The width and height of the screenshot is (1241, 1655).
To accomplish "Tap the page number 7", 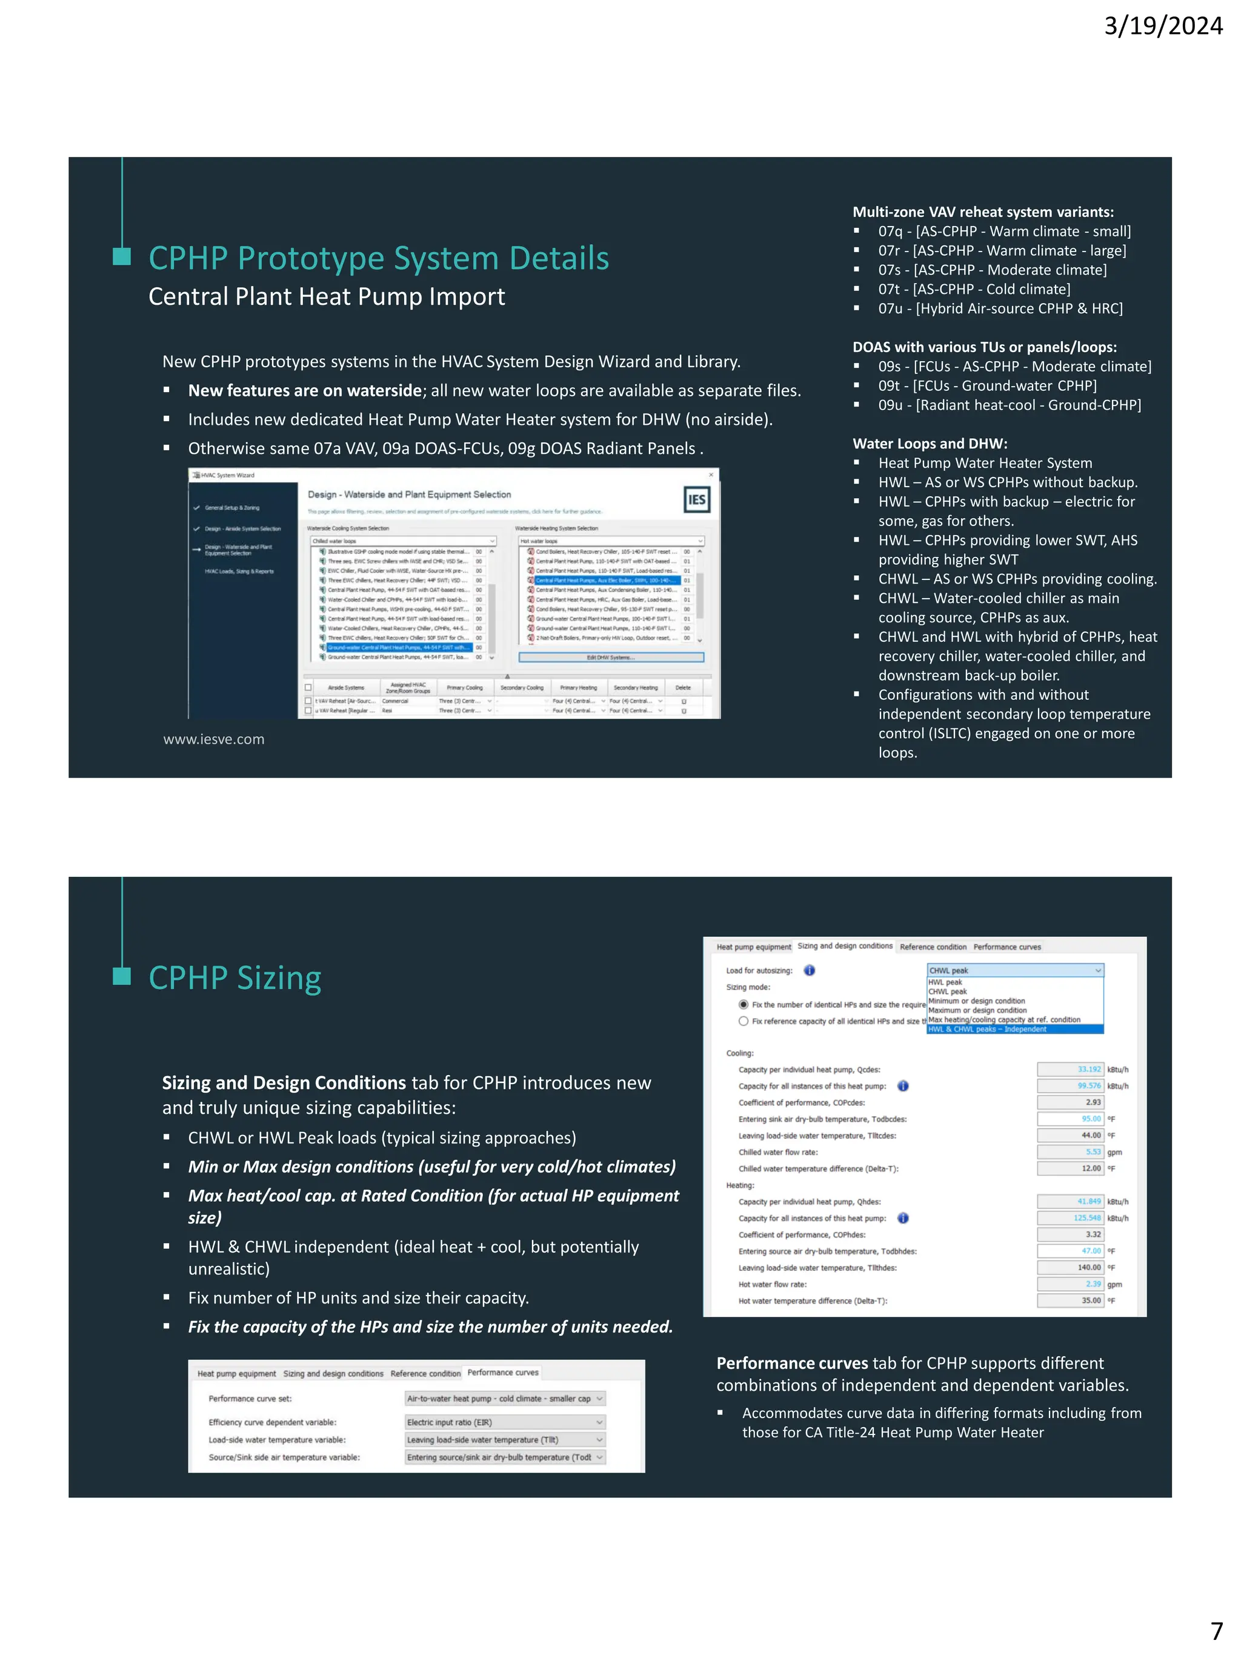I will tap(1216, 1630).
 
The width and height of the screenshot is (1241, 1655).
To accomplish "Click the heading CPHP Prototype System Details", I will tap(379, 258).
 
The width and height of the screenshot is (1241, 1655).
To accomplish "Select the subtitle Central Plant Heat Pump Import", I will tap(326, 297).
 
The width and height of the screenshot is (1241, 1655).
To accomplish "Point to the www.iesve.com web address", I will tap(214, 739).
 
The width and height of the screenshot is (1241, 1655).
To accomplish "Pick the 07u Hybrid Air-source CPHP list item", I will tap(1000, 308).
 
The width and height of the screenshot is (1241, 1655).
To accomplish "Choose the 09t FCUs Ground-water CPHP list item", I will tap(988, 385).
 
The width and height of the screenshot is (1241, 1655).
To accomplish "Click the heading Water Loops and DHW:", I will tap(930, 444).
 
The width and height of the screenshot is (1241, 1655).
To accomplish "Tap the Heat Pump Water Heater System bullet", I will tap(985, 463).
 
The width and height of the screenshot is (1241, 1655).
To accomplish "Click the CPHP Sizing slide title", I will tap(235, 978).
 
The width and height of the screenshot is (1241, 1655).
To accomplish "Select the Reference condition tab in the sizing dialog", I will tap(933, 947).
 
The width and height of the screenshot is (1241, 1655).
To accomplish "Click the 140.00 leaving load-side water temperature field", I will tap(1071, 1267).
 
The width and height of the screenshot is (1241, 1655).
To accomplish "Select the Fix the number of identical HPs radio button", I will tap(744, 1005).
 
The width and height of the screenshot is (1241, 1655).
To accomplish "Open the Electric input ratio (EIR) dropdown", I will tap(505, 1422).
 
